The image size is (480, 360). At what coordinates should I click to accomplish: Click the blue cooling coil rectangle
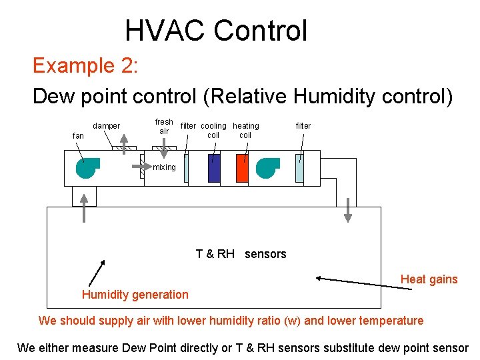[x=213, y=169]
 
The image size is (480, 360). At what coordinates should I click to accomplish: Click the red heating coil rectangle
[x=241, y=169]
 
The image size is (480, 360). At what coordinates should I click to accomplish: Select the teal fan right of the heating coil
[x=267, y=168]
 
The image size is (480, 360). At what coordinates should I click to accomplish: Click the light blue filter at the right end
[x=299, y=168]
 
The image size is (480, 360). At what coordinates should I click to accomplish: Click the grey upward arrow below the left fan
[x=84, y=207]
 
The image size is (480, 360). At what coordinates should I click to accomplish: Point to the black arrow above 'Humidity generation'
[x=97, y=273]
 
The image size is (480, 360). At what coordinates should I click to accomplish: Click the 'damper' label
[x=106, y=125]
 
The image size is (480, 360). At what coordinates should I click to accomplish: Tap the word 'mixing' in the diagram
[x=164, y=167]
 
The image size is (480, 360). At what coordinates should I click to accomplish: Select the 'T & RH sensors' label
[x=241, y=254]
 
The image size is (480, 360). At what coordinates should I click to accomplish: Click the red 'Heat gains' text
[x=429, y=279]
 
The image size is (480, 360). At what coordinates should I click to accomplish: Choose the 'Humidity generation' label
[x=135, y=295]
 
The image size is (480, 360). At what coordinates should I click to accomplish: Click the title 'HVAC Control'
[x=216, y=31]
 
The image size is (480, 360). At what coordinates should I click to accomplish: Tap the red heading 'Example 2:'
[x=85, y=65]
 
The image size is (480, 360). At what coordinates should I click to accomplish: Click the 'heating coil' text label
[x=245, y=130]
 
